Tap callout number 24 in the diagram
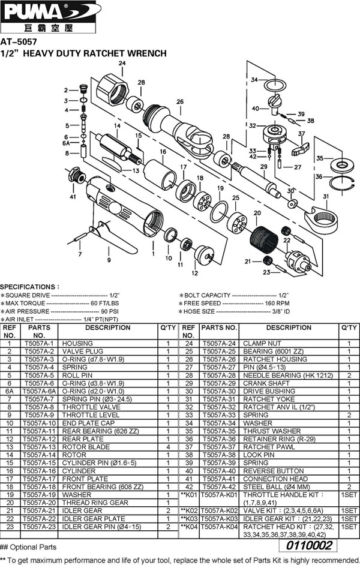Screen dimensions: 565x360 (x=122, y=63)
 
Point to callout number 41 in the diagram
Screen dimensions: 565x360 (x=73, y=196)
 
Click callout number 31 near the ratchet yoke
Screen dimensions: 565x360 (x=326, y=197)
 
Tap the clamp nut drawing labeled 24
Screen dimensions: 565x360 (x=114, y=89)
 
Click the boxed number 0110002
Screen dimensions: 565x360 (x=310, y=546)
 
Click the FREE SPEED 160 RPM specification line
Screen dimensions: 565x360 (x=235, y=303)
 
